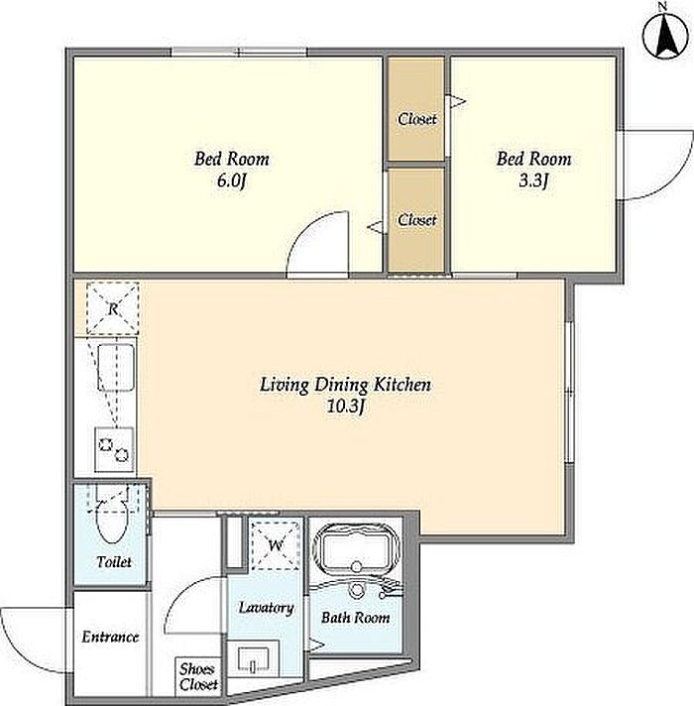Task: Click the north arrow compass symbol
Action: coord(665,36)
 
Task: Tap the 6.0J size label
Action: coord(232,181)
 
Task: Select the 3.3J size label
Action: coord(533,181)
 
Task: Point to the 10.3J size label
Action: coord(346,407)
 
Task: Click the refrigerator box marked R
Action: coord(112,308)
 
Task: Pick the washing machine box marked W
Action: coord(276,545)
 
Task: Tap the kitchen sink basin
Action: coord(116,368)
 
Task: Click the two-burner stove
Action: coord(114,449)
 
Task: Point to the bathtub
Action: coord(357,548)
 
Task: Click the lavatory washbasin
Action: coord(253,661)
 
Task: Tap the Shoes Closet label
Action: coord(198,676)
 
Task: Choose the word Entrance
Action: coord(110,638)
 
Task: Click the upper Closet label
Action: coord(416,119)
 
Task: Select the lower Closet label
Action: coord(416,220)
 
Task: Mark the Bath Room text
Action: coord(356,618)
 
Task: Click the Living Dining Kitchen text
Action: coord(346,385)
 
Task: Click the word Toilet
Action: coord(114,562)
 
